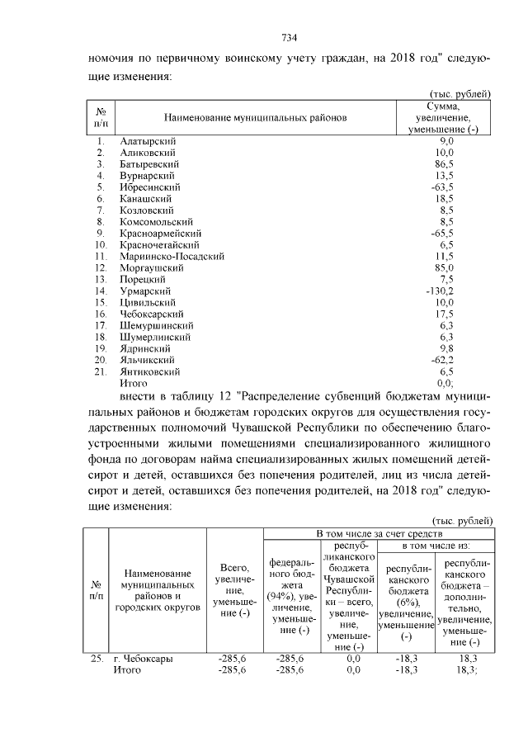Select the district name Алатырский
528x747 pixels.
148,142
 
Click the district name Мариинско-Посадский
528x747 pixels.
172,257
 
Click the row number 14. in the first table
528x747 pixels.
101,291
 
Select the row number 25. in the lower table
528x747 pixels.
97,659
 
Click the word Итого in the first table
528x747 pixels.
134,383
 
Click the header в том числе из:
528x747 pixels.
436,546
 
